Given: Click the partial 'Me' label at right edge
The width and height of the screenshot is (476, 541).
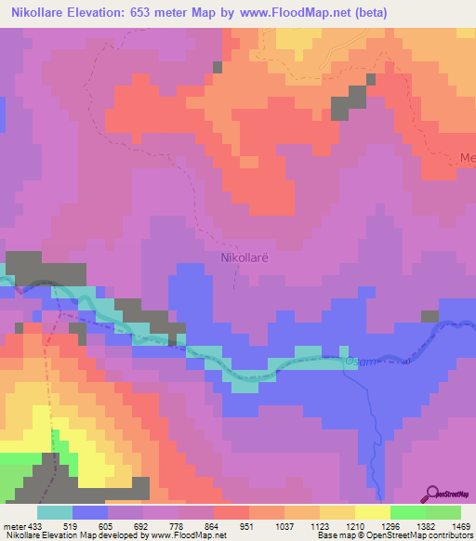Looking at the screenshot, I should pyautogui.click(x=467, y=158).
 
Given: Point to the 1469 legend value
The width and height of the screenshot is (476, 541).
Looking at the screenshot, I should pyautogui.click(x=449, y=525).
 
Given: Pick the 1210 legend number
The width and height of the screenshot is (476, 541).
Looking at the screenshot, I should pyautogui.click(x=343, y=525).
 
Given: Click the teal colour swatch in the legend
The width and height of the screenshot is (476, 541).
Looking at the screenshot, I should pyautogui.click(x=54, y=512).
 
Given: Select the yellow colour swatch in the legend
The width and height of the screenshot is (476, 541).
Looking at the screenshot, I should pyautogui.click(x=372, y=512).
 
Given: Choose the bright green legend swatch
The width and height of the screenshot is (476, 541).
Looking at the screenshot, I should pyautogui.click(x=407, y=512).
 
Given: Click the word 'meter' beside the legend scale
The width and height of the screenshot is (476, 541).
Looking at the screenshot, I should pyautogui.click(x=13, y=525).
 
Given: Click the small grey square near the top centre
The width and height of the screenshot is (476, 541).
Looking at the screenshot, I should pyautogui.click(x=218, y=67).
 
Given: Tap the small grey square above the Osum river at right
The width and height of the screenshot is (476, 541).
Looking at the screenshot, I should pyautogui.click(x=429, y=316).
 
